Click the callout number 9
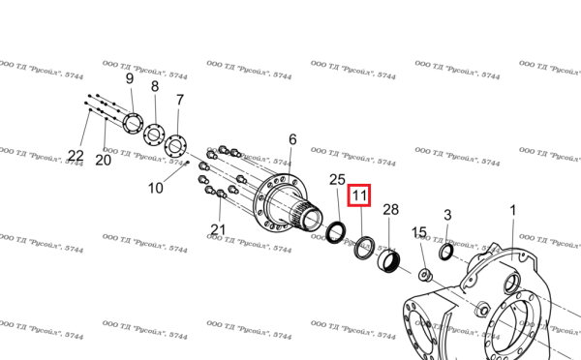[x=130, y=78]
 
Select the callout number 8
[x=155, y=86]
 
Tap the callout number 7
[x=180, y=100]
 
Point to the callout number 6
[x=292, y=139]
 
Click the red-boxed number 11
[x=359, y=195]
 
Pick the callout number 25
[x=337, y=180]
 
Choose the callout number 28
[x=390, y=210]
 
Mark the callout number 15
[x=419, y=232]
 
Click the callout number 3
[x=447, y=215]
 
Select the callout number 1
[x=513, y=210]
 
